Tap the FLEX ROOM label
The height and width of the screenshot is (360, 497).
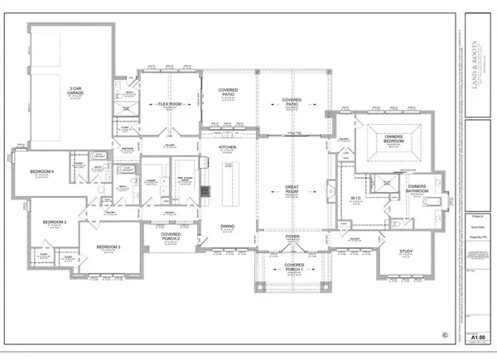tap(170, 105)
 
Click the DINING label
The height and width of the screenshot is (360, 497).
tap(228, 226)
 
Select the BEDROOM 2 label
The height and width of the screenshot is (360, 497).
tap(55, 222)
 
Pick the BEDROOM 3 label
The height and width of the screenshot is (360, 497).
tap(109, 247)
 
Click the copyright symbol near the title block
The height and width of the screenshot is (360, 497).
tap(444, 335)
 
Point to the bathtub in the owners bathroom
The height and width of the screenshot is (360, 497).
tap(436, 203)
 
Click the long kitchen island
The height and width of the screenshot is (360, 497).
tap(228, 179)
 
